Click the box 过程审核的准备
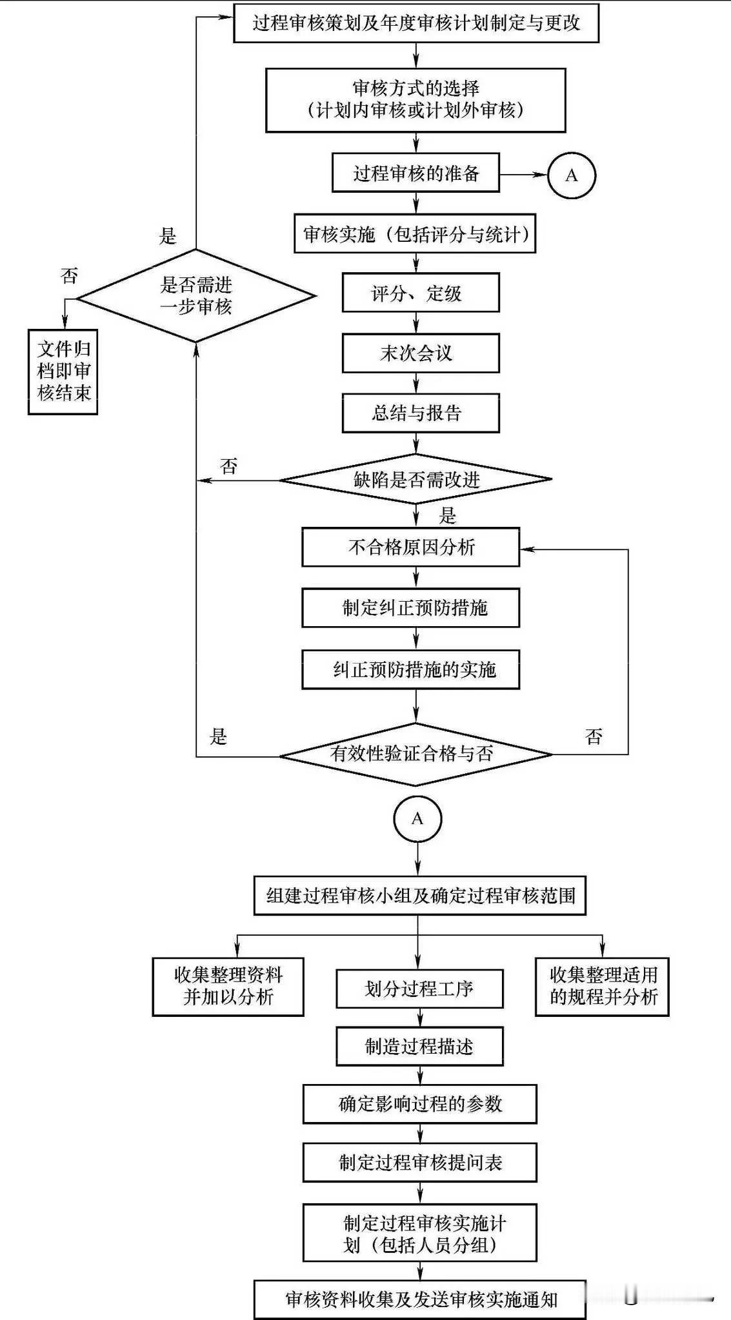(x=416, y=173)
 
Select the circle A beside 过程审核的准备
(x=571, y=175)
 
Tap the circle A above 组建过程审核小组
(x=417, y=819)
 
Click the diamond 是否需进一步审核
(x=196, y=296)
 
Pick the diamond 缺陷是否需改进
(x=416, y=479)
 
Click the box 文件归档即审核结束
(x=63, y=371)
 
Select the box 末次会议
(x=420, y=353)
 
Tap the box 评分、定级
(x=420, y=293)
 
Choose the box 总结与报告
(x=420, y=413)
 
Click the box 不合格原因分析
(x=410, y=547)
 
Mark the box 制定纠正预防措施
(x=410, y=607)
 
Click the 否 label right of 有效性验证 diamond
(x=594, y=736)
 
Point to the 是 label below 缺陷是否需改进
(x=447, y=515)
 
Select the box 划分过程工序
(x=419, y=989)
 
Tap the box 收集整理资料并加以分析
(x=228, y=987)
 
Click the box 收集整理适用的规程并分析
(x=602, y=987)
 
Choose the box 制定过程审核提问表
(x=419, y=1163)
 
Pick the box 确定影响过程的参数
(x=419, y=1104)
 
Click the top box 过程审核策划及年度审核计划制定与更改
(x=416, y=23)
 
